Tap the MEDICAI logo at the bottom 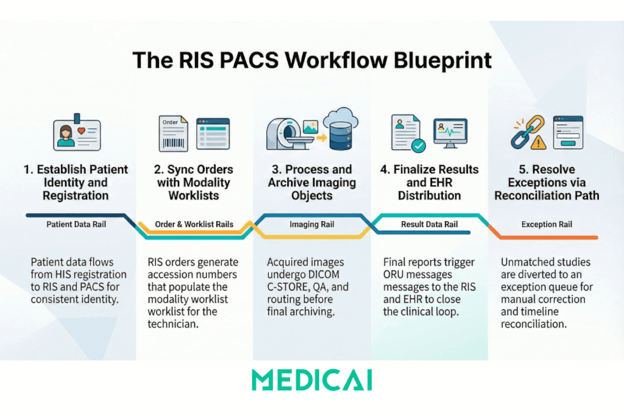pos(311,379)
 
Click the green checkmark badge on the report pos(419,146)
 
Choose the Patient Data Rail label pos(76,224)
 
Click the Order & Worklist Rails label pos(194,224)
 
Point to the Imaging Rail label pos(311,224)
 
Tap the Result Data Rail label pos(429,224)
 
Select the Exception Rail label pos(547,224)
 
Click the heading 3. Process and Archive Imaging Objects pos(311,182)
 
